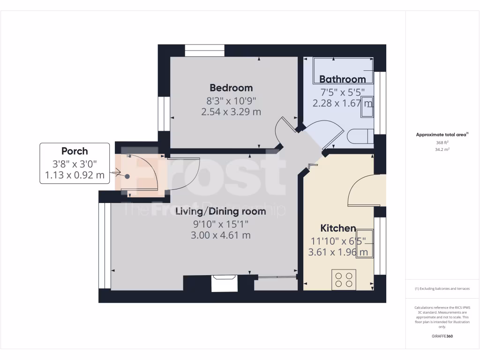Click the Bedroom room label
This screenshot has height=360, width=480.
tap(231, 88)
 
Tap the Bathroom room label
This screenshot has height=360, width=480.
tap(342, 79)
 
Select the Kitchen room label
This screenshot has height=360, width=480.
tap(338, 228)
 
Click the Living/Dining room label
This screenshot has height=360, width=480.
tap(220, 211)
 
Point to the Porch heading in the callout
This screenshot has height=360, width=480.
tap(75, 151)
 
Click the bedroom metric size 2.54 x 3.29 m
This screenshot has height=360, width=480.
tap(231, 112)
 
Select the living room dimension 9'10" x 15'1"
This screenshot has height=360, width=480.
tap(220, 224)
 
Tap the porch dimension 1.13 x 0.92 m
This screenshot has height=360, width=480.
tap(75, 176)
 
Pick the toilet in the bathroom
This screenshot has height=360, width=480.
tap(361, 136)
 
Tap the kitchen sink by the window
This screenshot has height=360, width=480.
tap(367, 243)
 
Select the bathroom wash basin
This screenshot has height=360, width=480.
tap(367, 109)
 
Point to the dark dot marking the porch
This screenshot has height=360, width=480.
tap(127, 176)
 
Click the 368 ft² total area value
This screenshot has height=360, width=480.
tap(442, 143)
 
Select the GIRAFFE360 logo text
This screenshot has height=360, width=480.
tap(442, 336)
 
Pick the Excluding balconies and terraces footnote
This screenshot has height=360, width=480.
tap(442, 289)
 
